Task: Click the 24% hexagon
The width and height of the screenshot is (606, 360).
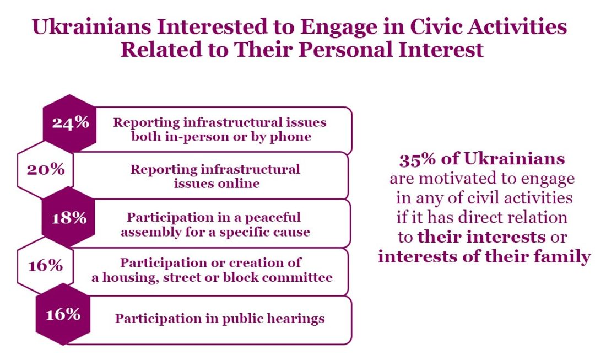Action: coord(69,123)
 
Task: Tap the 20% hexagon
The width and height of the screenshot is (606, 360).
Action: coord(46,170)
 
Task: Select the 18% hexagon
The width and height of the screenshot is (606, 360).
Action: coord(68,218)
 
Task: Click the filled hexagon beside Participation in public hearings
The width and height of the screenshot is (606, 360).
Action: coord(63,314)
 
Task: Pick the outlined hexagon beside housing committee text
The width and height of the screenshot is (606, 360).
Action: coord(46,266)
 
